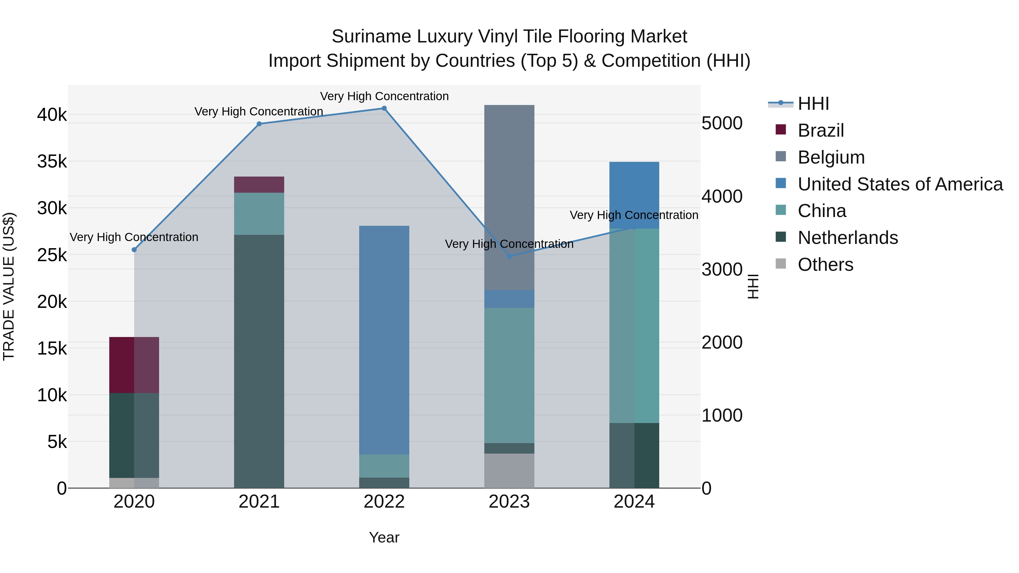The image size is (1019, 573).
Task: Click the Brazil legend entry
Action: [x=820, y=130]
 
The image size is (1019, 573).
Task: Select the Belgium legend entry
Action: [x=831, y=157]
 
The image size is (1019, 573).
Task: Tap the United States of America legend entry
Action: [x=900, y=184]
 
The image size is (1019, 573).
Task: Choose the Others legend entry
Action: [x=825, y=265]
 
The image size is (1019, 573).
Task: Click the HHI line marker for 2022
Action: [x=384, y=108]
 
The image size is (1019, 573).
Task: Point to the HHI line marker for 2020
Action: [x=134, y=250]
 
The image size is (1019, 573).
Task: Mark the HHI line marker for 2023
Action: [x=509, y=257]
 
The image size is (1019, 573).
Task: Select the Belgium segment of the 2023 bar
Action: [x=509, y=198]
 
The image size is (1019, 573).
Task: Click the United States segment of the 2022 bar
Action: [x=384, y=340]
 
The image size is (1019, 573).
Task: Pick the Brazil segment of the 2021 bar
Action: [x=259, y=185]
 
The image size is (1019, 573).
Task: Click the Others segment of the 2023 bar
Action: [x=509, y=471]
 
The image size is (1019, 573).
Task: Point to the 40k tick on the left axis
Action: [x=52, y=115]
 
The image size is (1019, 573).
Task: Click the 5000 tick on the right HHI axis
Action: [x=722, y=123]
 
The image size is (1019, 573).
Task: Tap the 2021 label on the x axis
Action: [x=259, y=502]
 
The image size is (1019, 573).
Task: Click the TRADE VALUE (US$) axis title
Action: [x=9, y=286]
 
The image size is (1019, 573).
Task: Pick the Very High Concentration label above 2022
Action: [x=384, y=96]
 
